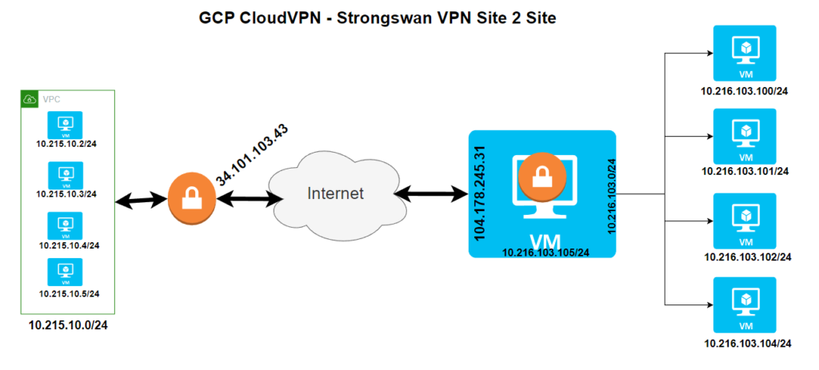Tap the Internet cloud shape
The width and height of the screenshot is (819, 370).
(x=337, y=193)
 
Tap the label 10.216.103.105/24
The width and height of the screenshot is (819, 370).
(x=545, y=253)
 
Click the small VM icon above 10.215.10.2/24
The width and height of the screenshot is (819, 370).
(x=66, y=124)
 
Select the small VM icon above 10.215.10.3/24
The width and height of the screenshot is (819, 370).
(x=66, y=173)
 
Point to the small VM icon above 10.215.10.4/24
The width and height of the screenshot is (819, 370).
(x=66, y=223)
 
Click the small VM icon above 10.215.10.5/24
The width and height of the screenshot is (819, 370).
(x=66, y=273)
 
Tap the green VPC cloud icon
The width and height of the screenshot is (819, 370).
(x=30, y=100)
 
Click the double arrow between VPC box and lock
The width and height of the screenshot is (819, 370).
(x=142, y=200)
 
